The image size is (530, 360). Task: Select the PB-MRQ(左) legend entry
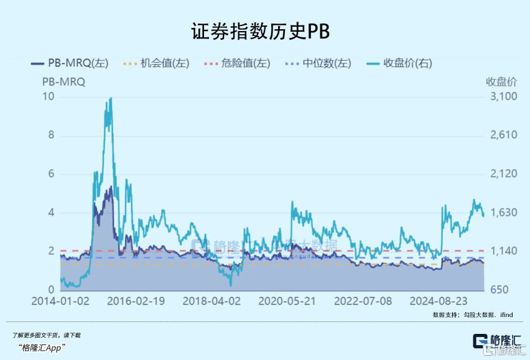(x=70, y=63)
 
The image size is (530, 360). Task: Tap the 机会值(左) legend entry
(x=156, y=63)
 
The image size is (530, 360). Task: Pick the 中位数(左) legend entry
(x=318, y=63)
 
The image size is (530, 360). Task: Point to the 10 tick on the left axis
(x=48, y=96)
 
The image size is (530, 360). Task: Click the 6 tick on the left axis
(x=51, y=174)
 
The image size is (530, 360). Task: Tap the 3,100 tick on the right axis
(x=500, y=96)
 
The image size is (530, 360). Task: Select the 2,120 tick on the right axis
(x=500, y=174)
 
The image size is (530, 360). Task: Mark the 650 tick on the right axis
(x=506, y=290)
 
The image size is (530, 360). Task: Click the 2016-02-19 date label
(x=136, y=301)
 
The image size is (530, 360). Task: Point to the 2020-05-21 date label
(x=287, y=301)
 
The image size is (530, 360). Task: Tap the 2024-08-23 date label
(x=439, y=301)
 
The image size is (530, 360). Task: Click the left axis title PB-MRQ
(x=63, y=81)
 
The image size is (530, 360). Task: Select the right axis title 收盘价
(x=501, y=81)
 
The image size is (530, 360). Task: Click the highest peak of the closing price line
(x=111, y=98)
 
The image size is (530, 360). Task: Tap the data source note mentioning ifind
(x=472, y=315)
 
